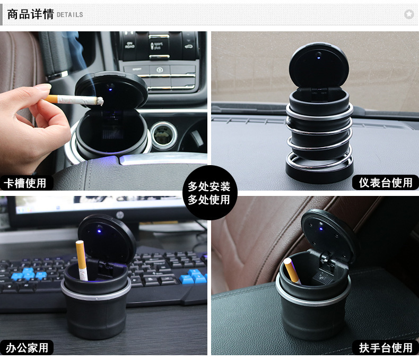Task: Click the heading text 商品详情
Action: (30, 14)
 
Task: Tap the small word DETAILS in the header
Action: (69, 15)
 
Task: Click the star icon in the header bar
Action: (408, 14)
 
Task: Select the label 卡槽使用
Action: (25, 183)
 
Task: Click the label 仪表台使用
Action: (385, 183)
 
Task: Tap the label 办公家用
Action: (27, 348)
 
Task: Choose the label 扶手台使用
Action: (385, 348)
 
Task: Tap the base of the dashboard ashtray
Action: (320, 170)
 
